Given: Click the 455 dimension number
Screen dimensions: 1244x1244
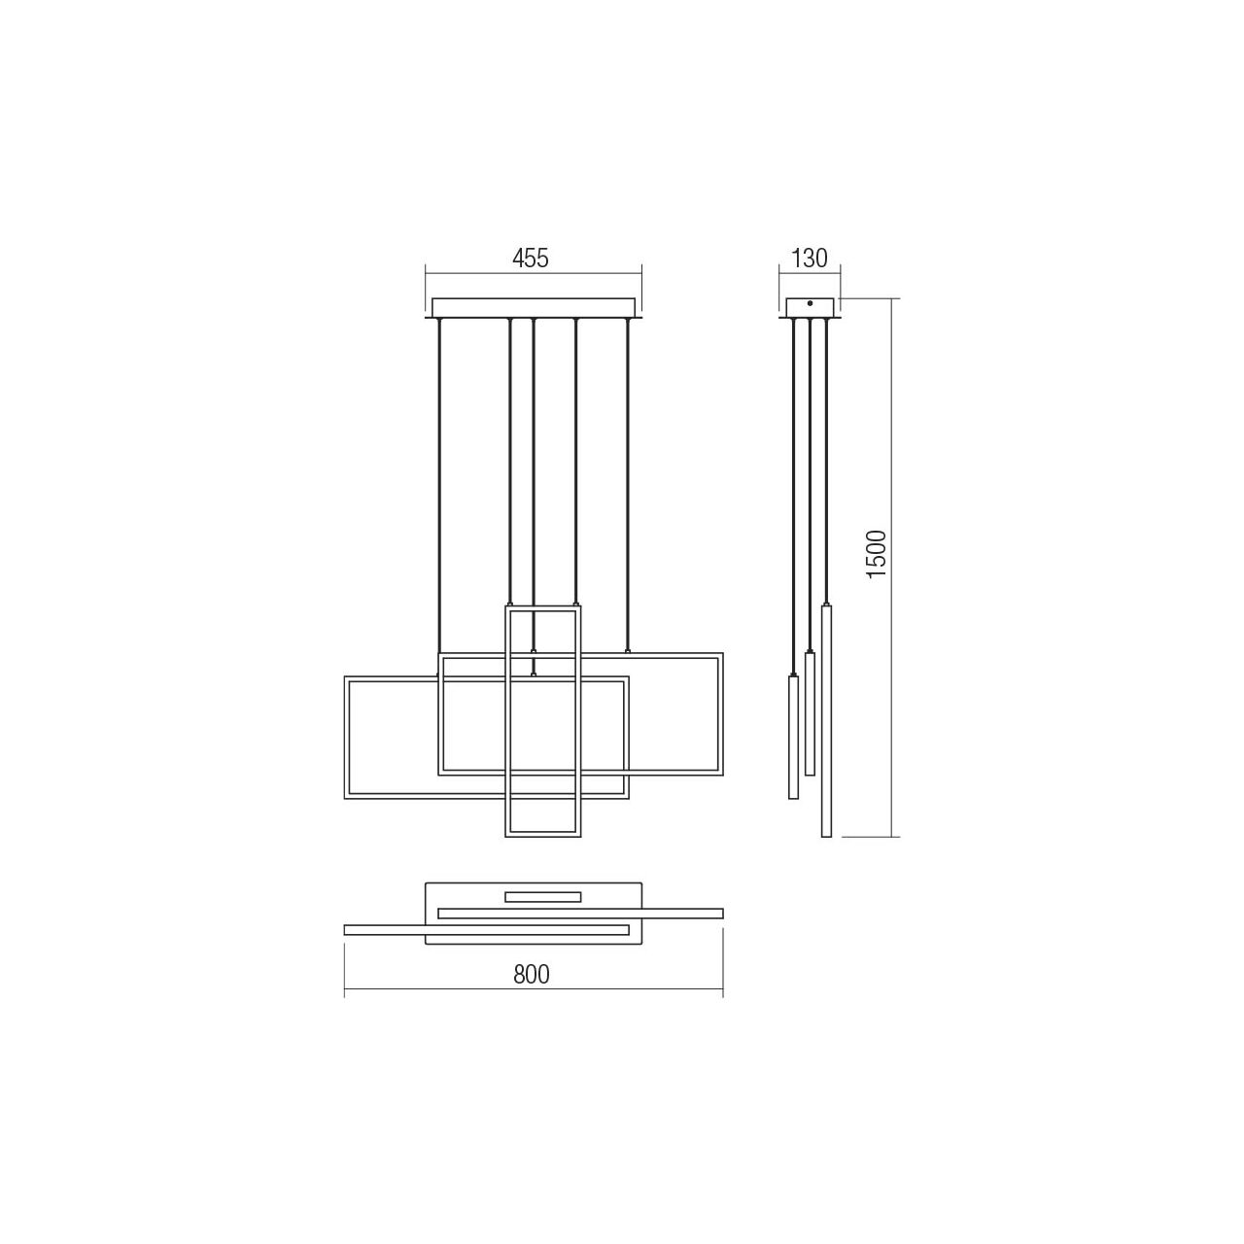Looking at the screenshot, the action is tap(530, 259).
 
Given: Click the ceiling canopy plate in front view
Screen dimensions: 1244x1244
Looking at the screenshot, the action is tap(534, 308).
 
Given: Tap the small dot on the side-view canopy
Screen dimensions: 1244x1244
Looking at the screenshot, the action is tap(811, 303).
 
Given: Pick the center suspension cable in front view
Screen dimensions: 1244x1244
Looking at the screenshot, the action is tap(533, 497).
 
